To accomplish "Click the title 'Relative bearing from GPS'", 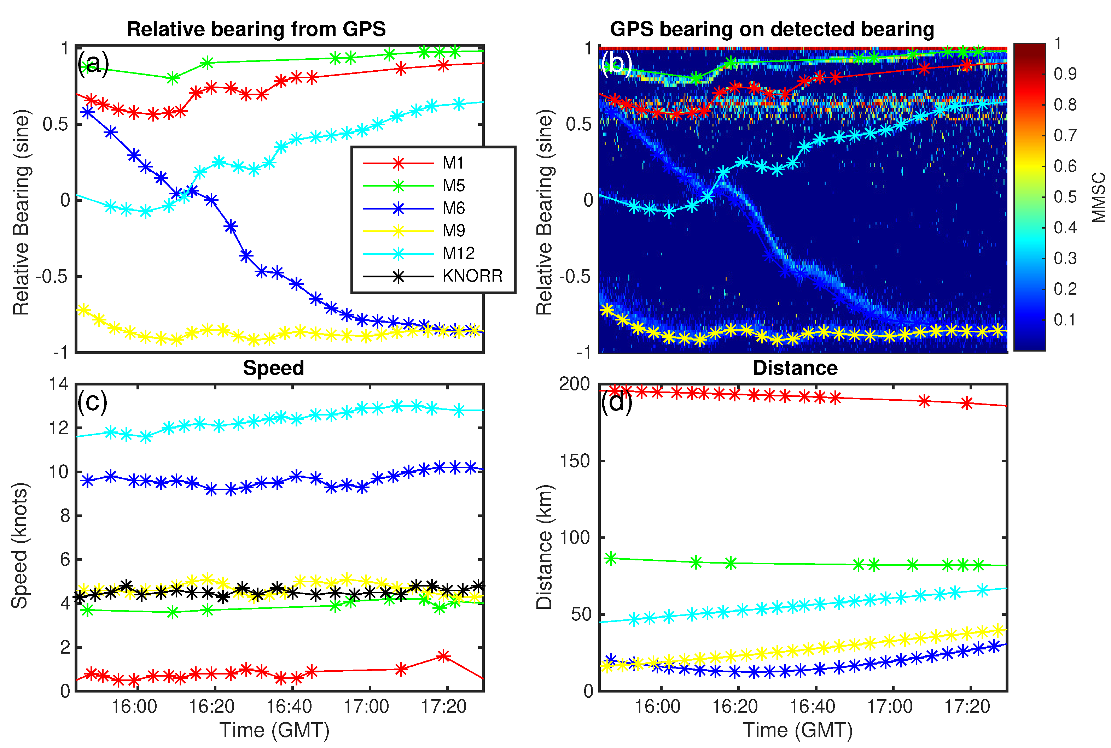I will click(256, 29).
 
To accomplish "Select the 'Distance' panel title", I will click(795, 368).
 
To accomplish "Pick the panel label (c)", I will click(92, 402).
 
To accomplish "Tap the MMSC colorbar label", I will click(1099, 198).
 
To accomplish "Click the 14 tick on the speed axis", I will click(59, 384).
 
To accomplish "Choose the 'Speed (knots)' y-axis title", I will click(20, 545).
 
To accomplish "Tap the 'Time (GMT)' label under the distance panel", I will click(797, 730).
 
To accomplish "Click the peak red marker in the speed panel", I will click(443, 656).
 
